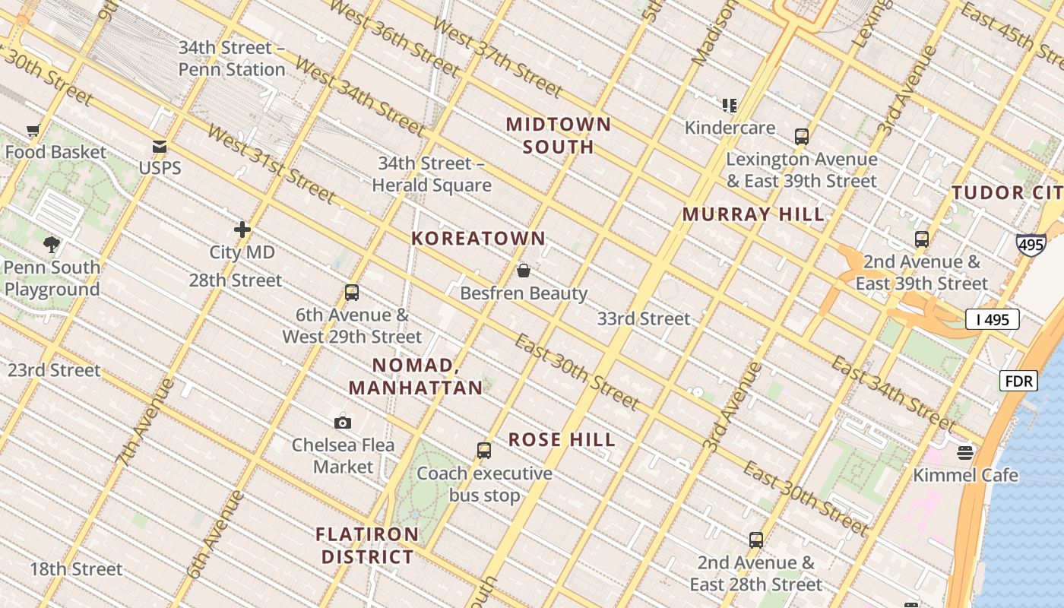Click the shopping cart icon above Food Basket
point(33,131)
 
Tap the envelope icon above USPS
point(160,147)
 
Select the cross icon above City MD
point(242,229)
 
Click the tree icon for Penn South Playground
point(52,245)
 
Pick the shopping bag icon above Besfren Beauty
point(524,271)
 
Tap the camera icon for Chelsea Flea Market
point(343,423)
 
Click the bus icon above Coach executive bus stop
point(484,451)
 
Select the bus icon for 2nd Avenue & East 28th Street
point(756,540)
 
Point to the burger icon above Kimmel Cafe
point(965,453)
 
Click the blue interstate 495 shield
point(1031,245)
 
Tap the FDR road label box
point(1018,381)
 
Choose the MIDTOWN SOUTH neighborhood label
point(559,135)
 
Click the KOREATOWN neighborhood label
point(479,239)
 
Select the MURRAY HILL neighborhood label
point(753,214)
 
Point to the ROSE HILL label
point(562,440)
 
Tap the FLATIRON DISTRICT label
point(368,546)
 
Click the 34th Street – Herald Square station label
point(432,174)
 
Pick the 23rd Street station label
point(54,370)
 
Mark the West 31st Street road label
point(271,165)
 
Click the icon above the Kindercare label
point(730,105)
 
